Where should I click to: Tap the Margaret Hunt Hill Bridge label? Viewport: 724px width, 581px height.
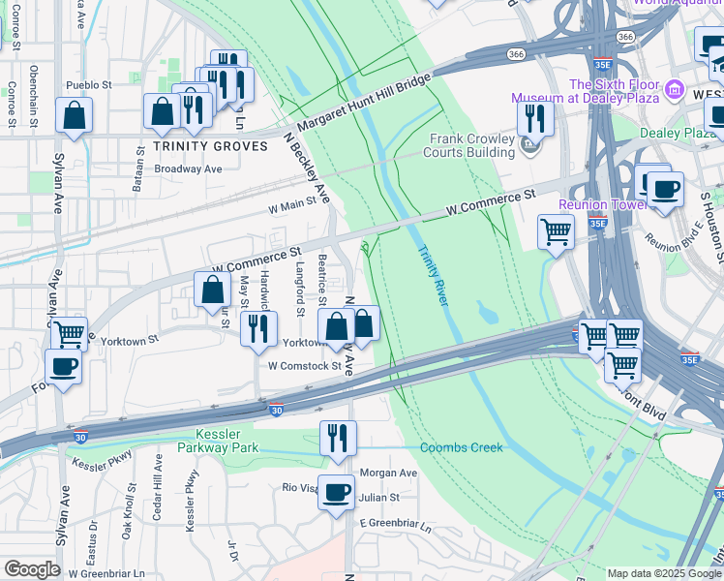point(364,107)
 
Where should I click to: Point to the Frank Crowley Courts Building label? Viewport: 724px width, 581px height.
point(472,145)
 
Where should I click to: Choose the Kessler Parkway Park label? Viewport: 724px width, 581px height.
point(227,441)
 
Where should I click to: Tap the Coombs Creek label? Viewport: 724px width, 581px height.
point(462,447)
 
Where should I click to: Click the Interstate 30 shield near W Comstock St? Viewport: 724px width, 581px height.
point(276,411)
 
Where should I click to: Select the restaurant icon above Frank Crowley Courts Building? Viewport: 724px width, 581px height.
point(534,118)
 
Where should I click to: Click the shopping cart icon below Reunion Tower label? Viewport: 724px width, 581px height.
point(556,231)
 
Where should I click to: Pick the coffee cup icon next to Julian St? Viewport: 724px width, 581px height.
point(337,492)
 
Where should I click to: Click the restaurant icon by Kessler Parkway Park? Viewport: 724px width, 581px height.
point(338,437)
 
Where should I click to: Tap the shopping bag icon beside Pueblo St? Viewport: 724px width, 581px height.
point(75,115)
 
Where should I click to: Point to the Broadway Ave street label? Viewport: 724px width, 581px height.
point(189,168)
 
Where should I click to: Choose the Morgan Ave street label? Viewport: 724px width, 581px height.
point(388,474)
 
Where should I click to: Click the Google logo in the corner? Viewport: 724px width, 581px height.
point(32,569)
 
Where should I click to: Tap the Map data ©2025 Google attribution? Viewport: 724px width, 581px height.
point(663,573)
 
